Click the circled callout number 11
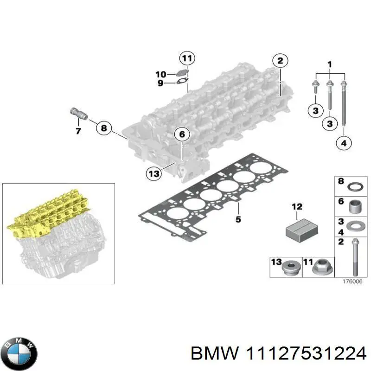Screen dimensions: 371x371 pos(186,58)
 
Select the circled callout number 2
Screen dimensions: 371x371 pos(280,61)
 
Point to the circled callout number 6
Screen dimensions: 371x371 pos(182,134)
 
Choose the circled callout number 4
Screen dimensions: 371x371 pos(343,144)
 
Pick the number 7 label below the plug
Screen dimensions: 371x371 pos(78,131)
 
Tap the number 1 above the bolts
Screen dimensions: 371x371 pos(330,64)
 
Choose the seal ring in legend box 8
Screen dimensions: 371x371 pos(354,187)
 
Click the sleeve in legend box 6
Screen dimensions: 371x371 pos(354,206)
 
